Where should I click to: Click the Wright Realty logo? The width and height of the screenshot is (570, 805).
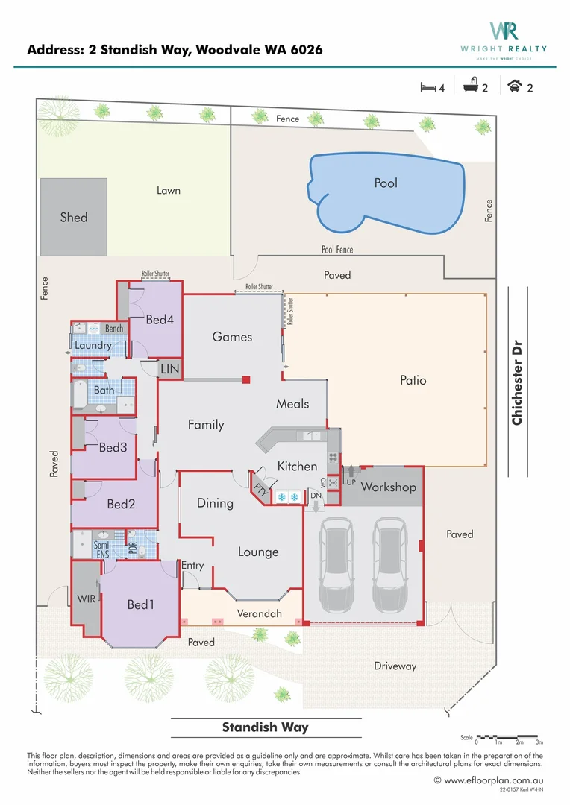504,36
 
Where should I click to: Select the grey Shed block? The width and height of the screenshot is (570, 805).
74,218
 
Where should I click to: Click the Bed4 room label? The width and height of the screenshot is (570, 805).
160,320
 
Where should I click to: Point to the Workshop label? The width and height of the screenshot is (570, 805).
388,487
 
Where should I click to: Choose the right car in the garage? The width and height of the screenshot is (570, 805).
389,564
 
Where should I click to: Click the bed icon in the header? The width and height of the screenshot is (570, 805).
427,87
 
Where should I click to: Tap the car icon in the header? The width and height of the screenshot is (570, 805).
514,87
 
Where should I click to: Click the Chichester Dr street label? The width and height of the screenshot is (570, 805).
516,383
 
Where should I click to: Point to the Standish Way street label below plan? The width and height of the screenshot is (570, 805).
265,727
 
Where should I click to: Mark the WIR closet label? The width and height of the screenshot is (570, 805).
87,599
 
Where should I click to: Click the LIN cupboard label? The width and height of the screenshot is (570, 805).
170,369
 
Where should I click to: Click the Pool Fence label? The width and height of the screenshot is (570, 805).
337,250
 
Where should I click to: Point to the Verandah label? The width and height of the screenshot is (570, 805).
260,614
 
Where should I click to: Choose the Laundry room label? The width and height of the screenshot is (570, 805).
93,345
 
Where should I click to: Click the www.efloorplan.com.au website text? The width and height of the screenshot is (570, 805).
493,780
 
